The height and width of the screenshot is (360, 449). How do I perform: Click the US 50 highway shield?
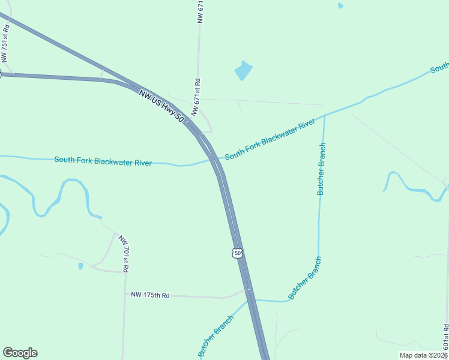(x=238, y=253)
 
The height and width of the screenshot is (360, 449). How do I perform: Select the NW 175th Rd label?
(x=151, y=295)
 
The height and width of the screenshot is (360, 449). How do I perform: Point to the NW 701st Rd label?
(x=123, y=254)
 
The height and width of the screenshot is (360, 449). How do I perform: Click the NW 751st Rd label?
(x=5, y=43)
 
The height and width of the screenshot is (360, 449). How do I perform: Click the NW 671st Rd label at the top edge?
(x=201, y=12)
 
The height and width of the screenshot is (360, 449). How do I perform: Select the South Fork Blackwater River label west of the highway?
(x=103, y=161)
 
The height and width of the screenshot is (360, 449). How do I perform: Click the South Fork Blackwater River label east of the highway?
(x=270, y=140)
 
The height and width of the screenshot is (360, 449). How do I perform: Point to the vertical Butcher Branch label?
(x=322, y=169)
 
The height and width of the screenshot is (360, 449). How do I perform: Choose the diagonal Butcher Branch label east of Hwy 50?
(x=305, y=278)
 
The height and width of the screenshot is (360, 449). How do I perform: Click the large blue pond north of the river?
(x=243, y=71)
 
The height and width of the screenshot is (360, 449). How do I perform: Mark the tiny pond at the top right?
(x=340, y=6)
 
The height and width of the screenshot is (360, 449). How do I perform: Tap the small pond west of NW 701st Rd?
(x=80, y=266)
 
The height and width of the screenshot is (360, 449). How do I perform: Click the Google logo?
(x=20, y=353)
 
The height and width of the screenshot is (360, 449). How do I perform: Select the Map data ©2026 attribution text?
(x=424, y=355)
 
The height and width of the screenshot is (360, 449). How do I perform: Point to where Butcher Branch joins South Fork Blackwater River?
(x=325, y=115)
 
